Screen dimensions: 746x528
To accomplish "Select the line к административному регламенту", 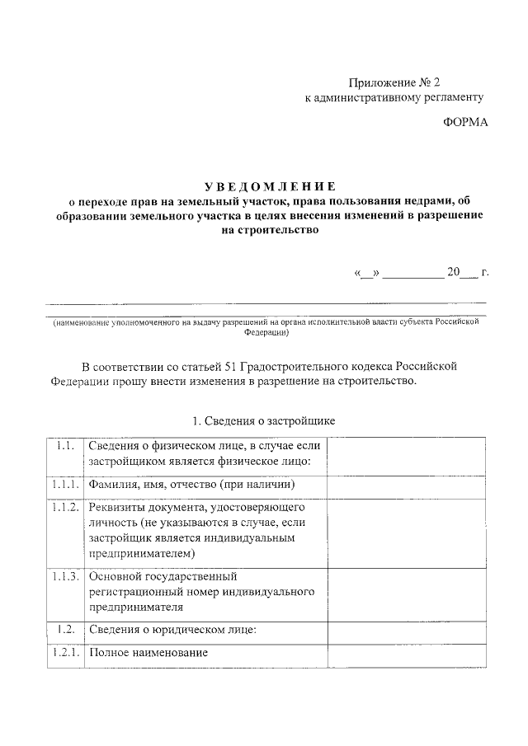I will tap(394, 97).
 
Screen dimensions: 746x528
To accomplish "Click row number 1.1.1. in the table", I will tap(64, 484).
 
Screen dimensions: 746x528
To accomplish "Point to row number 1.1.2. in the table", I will tap(64, 507).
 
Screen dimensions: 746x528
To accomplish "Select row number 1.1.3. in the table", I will tap(64, 576).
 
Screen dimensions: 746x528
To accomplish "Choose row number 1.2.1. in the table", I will tap(64, 653).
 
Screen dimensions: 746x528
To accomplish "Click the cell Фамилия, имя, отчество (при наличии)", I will tap(179, 485).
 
